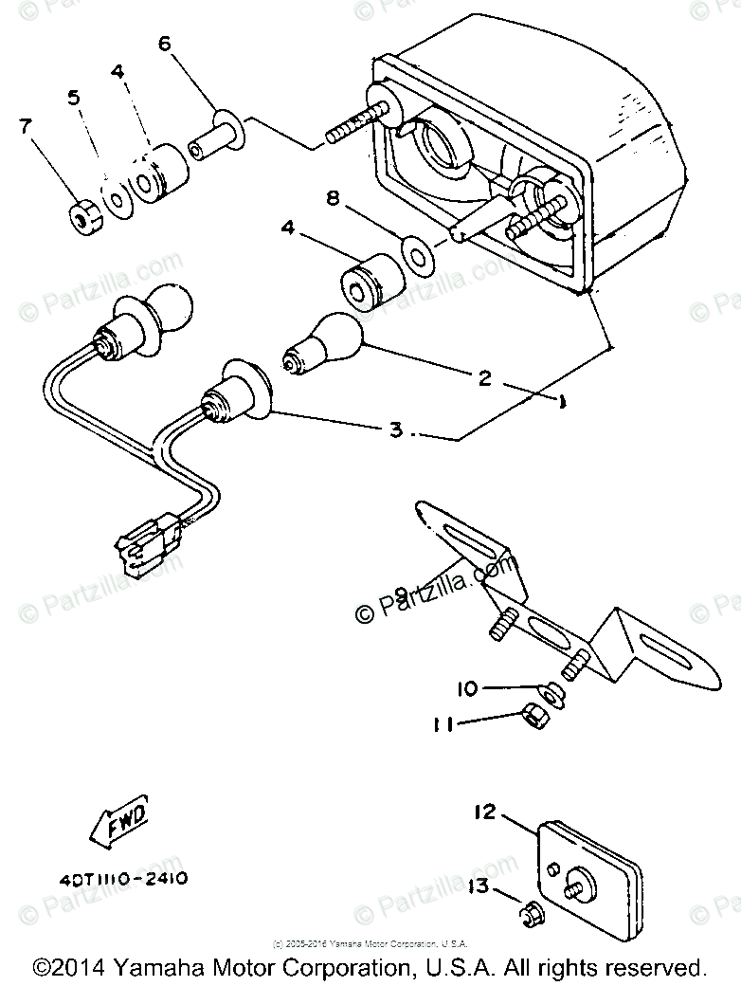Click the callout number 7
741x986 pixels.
tap(25, 125)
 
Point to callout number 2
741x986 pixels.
tap(484, 378)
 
